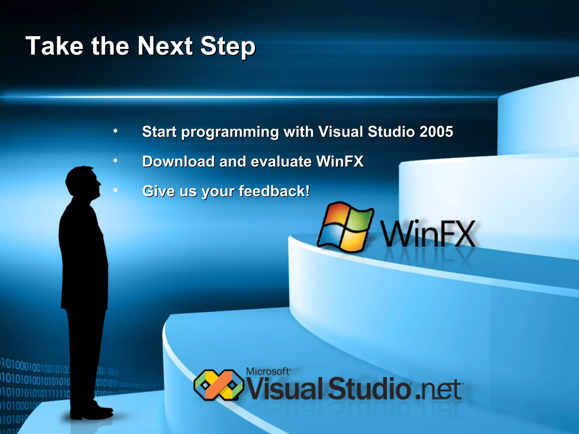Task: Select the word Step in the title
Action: coord(228,47)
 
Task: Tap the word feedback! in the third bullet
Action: coord(274,191)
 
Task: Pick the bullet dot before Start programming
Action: coord(115,131)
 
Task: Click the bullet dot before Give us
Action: coord(115,190)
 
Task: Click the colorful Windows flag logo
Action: coord(345,227)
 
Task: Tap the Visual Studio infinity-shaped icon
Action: coord(219,385)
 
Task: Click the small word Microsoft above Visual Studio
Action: coord(268,371)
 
